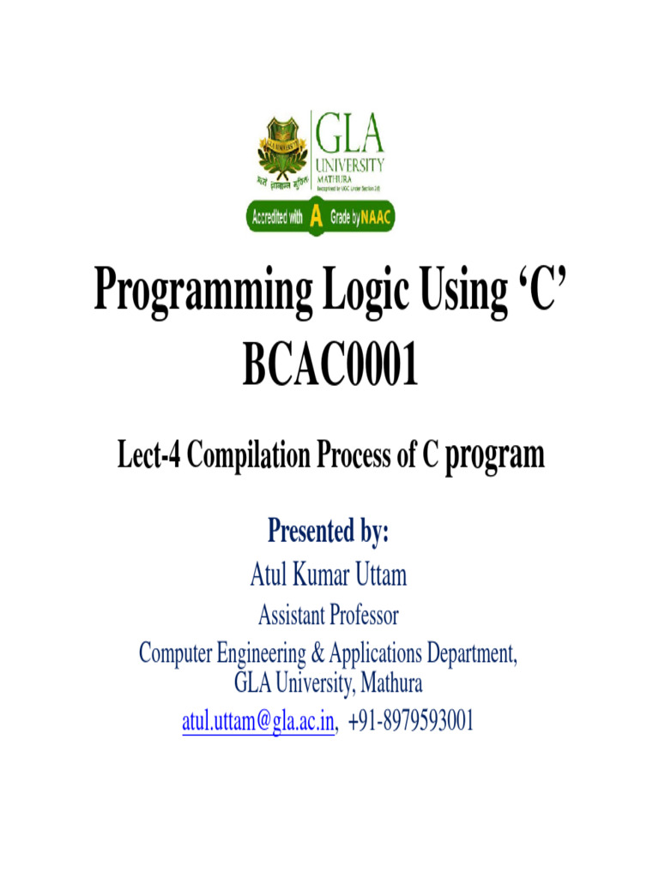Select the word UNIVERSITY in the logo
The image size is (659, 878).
(351, 165)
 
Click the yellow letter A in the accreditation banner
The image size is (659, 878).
(316, 218)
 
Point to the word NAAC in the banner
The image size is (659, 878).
(374, 218)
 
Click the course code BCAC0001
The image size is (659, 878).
(329, 365)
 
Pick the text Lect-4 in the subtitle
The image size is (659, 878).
(148, 455)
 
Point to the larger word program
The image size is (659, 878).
(495, 454)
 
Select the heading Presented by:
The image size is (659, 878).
(329, 532)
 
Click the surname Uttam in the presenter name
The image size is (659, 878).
(375, 574)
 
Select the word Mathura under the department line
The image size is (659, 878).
(390, 683)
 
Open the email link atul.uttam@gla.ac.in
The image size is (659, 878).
(257, 723)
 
